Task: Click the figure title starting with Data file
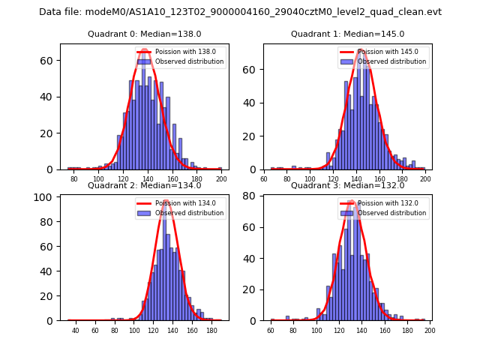click(x=240, y=12)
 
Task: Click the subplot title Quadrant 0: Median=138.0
click(x=145, y=34)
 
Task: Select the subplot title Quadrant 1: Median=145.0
click(x=347, y=34)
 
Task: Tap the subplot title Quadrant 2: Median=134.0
click(x=145, y=185)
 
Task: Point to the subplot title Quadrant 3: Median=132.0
click(x=347, y=185)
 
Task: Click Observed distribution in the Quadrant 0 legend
click(x=190, y=61)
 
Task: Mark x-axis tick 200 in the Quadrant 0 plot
click(x=221, y=180)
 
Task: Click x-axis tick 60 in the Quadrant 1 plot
click(x=264, y=180)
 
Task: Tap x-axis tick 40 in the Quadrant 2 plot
click(x=75, y=331)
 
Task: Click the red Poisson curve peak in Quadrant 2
click(x=166, y=201)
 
